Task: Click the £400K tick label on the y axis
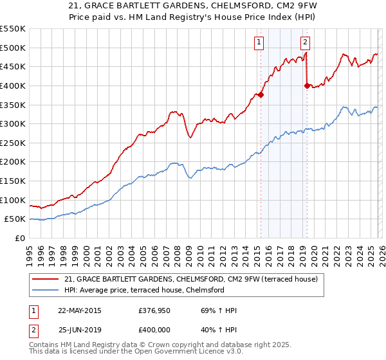pyautogui.click(x=13, y=85)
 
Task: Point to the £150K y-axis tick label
pyautogui.click(x=13, y=181)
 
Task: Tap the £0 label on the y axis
pyautogui.click(x=20, y=239)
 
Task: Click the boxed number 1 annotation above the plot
pyautogui.click(x=259, y=43)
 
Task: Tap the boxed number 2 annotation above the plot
pyautogui.click(x=304, y=43)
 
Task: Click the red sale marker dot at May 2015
pyautogui.click(x=261, y=94)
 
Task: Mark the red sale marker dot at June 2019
pyautogui.click(x=307, y=85)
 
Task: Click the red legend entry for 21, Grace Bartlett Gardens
pyautogui.click(x=187, y=279)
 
